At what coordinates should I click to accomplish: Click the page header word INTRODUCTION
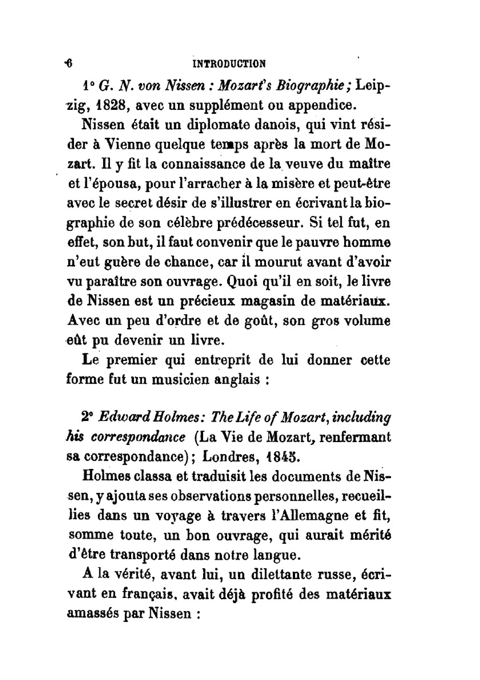[x=229, y=64]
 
